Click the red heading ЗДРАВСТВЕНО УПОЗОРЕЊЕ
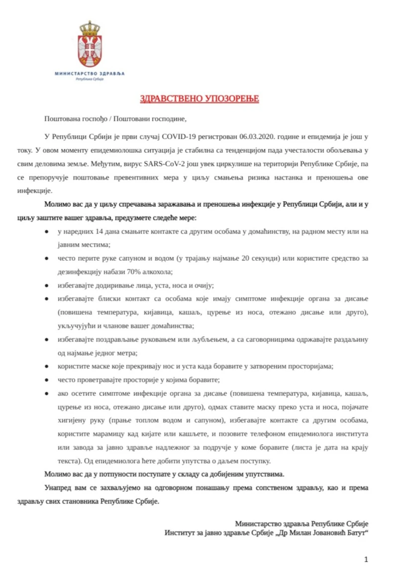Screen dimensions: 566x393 [x=199, y=99]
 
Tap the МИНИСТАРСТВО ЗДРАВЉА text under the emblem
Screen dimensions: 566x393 [x=90, y=73]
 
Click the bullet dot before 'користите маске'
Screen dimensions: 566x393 [x=46, y=366]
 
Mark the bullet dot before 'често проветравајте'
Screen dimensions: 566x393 [x=46, y=379]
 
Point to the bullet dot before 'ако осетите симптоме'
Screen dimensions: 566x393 [x=46, y=393]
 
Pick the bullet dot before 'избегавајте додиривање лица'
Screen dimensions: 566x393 [x=46, y=285]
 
